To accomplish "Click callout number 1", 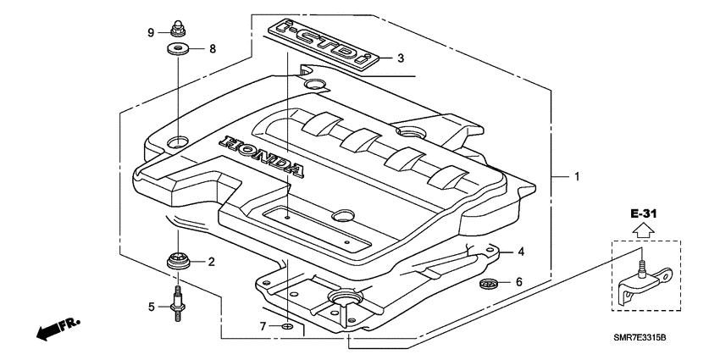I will point(576,177).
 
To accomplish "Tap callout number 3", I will point(401,58).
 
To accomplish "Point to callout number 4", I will point(522,252).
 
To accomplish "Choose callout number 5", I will point(152,307).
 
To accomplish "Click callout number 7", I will point(263,326).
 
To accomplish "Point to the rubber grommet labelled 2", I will point(177,262).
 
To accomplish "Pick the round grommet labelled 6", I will point(488,282).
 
